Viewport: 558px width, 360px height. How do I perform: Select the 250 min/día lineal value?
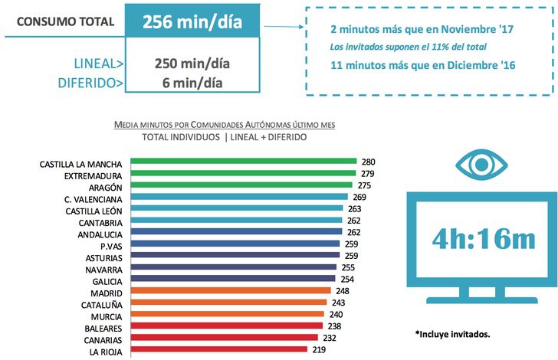tap(192, 63)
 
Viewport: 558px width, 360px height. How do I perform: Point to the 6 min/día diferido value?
tap(192, 81)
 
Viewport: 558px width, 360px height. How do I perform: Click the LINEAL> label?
tap(90, 63)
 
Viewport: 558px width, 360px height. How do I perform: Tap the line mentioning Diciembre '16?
tap(421, 65)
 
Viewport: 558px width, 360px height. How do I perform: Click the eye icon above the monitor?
tap(481, 163)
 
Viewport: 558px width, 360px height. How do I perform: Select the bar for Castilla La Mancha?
tap(244, 162)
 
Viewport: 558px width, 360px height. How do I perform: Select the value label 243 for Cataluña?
tap(338, 303)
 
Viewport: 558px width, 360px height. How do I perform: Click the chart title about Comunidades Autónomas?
tap(224, 124)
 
